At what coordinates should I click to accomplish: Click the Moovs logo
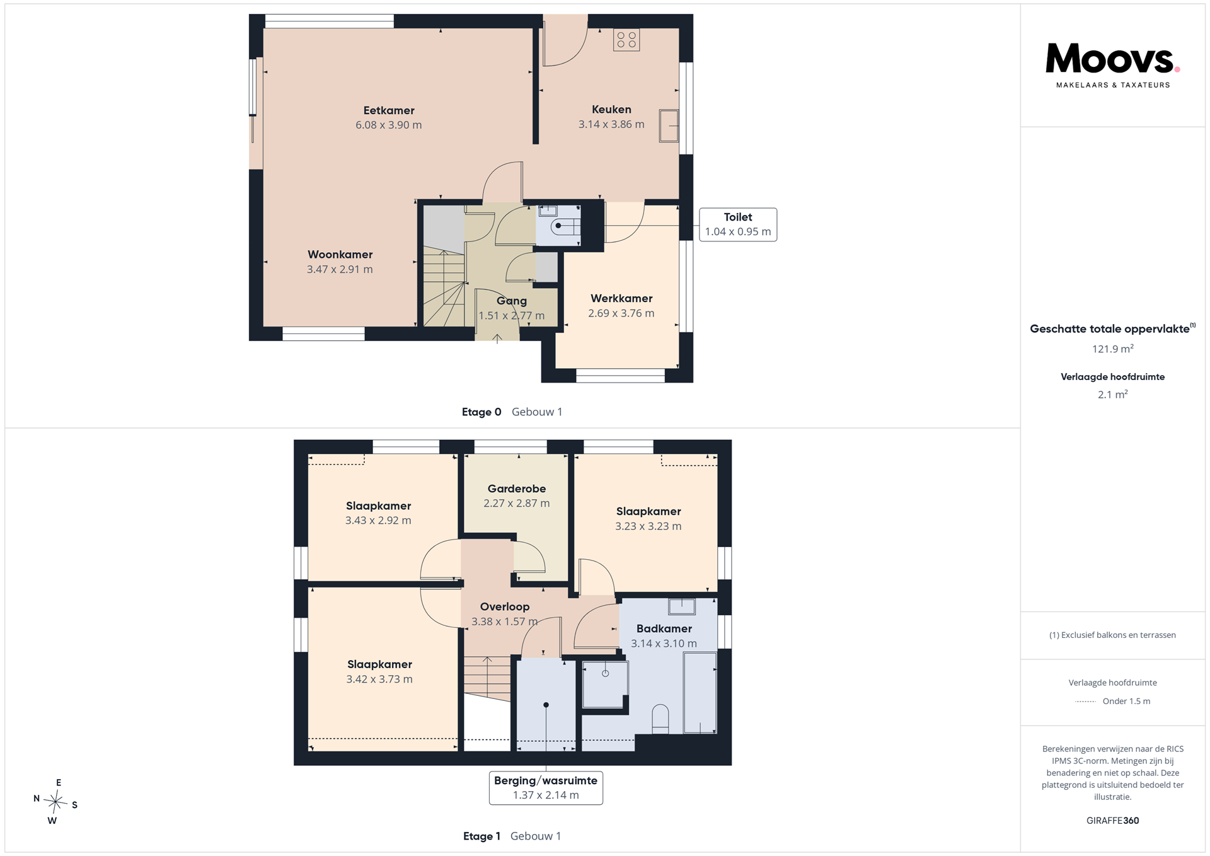[1112, 66]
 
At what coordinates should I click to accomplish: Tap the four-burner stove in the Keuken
[626, 40]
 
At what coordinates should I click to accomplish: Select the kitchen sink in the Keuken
[669, 125]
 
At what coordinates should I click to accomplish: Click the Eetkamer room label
[389, 110]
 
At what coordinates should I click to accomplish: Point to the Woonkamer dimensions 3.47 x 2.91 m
[340, 269]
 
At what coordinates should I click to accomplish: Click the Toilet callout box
[738, 224]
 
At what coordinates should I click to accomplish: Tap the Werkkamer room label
[621, 298]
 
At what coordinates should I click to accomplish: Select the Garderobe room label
[517, 489]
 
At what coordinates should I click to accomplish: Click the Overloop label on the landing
[505, 606]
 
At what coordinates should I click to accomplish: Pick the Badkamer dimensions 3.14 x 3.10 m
[664, 644]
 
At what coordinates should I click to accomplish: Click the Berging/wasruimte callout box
[546, 788]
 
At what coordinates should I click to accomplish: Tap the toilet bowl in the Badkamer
[660, 719]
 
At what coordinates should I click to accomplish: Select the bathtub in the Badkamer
[700, 693]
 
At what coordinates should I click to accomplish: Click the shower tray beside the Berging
[605, 684]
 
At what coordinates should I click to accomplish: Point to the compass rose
[55, 802]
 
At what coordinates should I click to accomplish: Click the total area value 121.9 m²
[1113, 349]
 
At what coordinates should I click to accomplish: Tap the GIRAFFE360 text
[1113, 821]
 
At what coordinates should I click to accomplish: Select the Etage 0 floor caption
[481, 412]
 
